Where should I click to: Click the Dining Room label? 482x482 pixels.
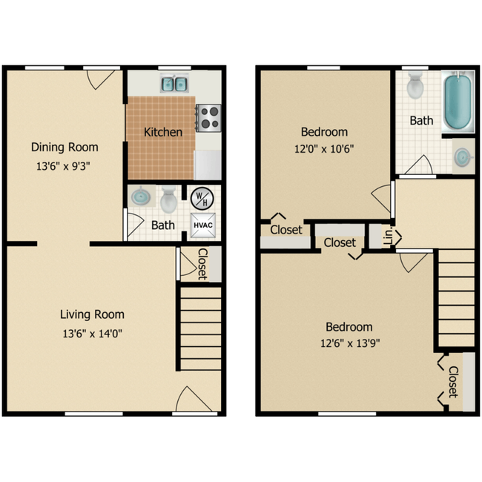(65, 147)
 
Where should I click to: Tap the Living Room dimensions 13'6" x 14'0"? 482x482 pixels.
(91, 333)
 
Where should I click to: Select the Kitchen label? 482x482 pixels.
(163, 132)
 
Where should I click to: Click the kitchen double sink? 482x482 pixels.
(175, 83)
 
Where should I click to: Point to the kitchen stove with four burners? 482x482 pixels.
(208, 117)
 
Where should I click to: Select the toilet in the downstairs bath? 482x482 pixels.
(168, 199)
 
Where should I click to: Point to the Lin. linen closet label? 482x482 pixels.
(387, 237)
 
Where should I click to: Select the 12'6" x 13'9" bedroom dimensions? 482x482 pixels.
(349, 343)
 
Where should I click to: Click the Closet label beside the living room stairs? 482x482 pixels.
(202, 263)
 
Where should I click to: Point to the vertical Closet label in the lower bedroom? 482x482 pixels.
(453, 381)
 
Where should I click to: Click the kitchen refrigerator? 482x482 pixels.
(208, 163)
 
